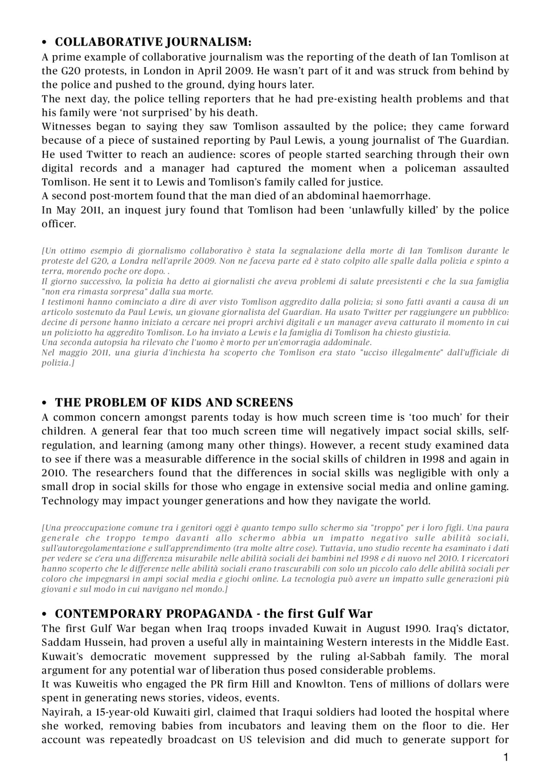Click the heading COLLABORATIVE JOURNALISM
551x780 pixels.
(x=153, y=42)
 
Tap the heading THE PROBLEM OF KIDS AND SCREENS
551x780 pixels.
(x=174, y=403)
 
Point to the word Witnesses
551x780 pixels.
(x=66, y=127)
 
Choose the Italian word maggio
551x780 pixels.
(x=71, y=353)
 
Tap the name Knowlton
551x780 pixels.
(x=316, y=684)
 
